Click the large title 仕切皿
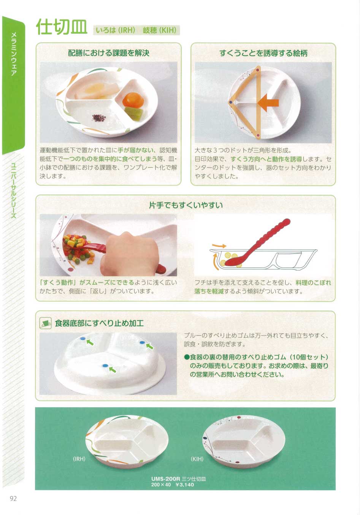pos(62,27)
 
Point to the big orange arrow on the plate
pos(268,103)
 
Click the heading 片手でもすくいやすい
pos(186,205)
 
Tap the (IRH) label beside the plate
pos(79,459)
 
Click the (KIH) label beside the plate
pos(197,459)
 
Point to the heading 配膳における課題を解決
pos(109,53)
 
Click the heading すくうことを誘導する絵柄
pos(263,53)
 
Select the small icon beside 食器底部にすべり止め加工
pos(45,323)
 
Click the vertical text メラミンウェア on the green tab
pos(13,54)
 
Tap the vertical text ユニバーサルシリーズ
pos(13,190)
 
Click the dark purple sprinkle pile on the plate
pos(99,118)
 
